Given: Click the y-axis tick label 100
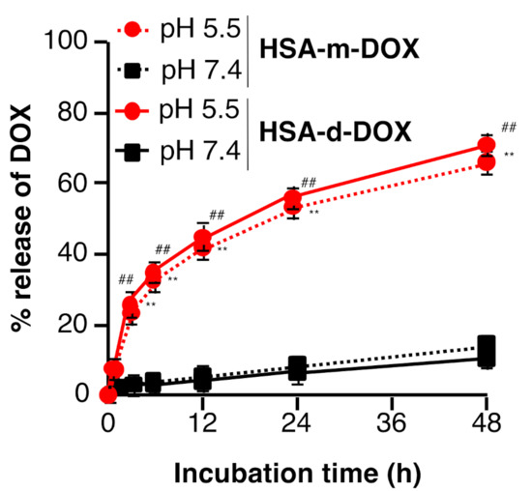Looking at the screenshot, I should [67, 43].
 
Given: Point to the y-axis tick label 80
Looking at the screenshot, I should [73, 113].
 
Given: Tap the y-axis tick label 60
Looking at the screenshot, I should [73, 184].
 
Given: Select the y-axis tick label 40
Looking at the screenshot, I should [73, 254].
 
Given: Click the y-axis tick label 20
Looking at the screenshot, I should [73, 325].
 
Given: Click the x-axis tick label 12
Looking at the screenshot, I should [202, 423].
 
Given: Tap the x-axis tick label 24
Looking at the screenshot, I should [297, 423].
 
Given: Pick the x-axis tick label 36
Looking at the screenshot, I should [392, 423].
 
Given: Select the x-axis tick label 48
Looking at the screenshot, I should [487, 423].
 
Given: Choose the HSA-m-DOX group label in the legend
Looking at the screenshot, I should [340, 49].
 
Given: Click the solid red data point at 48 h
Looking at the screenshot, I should [487, 146].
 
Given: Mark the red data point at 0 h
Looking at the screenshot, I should [108, 394].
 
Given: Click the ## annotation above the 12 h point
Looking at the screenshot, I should [217, 215].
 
